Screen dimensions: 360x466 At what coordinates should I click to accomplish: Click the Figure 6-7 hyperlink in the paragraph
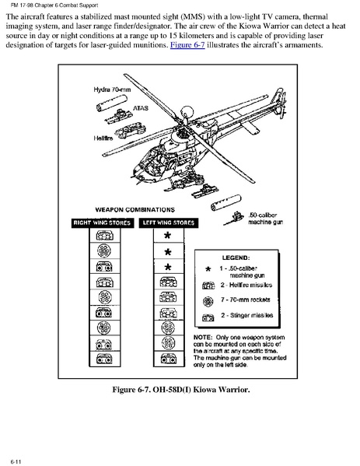click(187, 45)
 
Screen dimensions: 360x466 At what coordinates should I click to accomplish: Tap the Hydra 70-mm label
click(112, 89)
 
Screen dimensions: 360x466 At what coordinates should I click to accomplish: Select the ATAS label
click(141, 108)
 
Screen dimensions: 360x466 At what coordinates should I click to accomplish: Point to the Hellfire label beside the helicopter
click(103, 138)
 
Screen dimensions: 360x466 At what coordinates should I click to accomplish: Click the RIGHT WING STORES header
click(102, 223)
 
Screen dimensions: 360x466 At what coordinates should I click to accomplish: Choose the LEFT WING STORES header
click(169, 223)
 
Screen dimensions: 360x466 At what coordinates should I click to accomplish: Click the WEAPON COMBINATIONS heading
click(135, 209)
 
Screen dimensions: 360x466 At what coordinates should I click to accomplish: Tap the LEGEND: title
click(236, 258)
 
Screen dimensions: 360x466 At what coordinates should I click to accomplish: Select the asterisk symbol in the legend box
click(208, 269)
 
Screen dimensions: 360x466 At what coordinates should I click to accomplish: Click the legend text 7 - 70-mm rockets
click(246, 300)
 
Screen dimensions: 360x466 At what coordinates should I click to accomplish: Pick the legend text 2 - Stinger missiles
click(246, 315)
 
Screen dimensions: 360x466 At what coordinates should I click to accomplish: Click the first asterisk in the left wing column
click(168, 236)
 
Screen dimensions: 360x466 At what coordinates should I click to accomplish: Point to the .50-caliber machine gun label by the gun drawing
click(265, 219)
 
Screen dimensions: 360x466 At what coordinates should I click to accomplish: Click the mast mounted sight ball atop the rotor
click(187, 112)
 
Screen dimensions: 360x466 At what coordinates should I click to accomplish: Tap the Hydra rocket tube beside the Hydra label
click(112, 103)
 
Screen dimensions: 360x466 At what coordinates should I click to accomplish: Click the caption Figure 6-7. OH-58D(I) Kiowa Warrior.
click(181, 389)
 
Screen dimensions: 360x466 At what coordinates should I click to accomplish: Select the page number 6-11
click(16, 461)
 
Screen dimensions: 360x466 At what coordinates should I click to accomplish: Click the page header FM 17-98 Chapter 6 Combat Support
click(54, 5)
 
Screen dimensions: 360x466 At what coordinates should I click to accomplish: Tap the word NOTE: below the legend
click(203, 338)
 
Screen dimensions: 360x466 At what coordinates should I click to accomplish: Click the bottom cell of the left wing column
click(169, 359)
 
